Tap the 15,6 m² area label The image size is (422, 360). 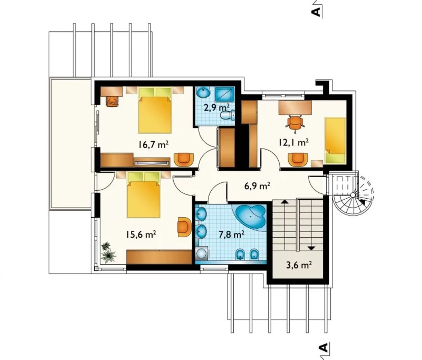[141, 234]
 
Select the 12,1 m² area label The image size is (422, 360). [293, 142]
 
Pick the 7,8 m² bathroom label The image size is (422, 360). [231, 235]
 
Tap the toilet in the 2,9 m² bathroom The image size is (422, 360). [228, 115]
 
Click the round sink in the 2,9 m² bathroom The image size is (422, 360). [203, 92]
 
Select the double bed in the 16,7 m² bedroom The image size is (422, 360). [155, 110]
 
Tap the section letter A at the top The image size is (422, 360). [316, 12]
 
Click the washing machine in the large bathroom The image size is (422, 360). [202, 253]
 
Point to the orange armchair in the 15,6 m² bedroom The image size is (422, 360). [185, 227]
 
